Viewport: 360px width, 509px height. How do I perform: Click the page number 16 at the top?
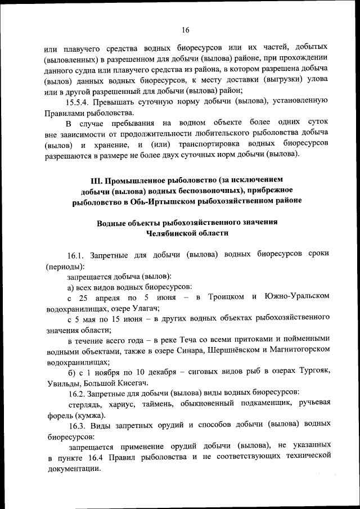[x=186, y=30]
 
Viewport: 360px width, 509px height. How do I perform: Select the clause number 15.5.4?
[x=81, y=102]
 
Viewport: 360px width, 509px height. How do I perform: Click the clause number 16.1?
[x=76, y=255]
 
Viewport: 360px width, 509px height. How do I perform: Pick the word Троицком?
[x=227, y=297]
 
